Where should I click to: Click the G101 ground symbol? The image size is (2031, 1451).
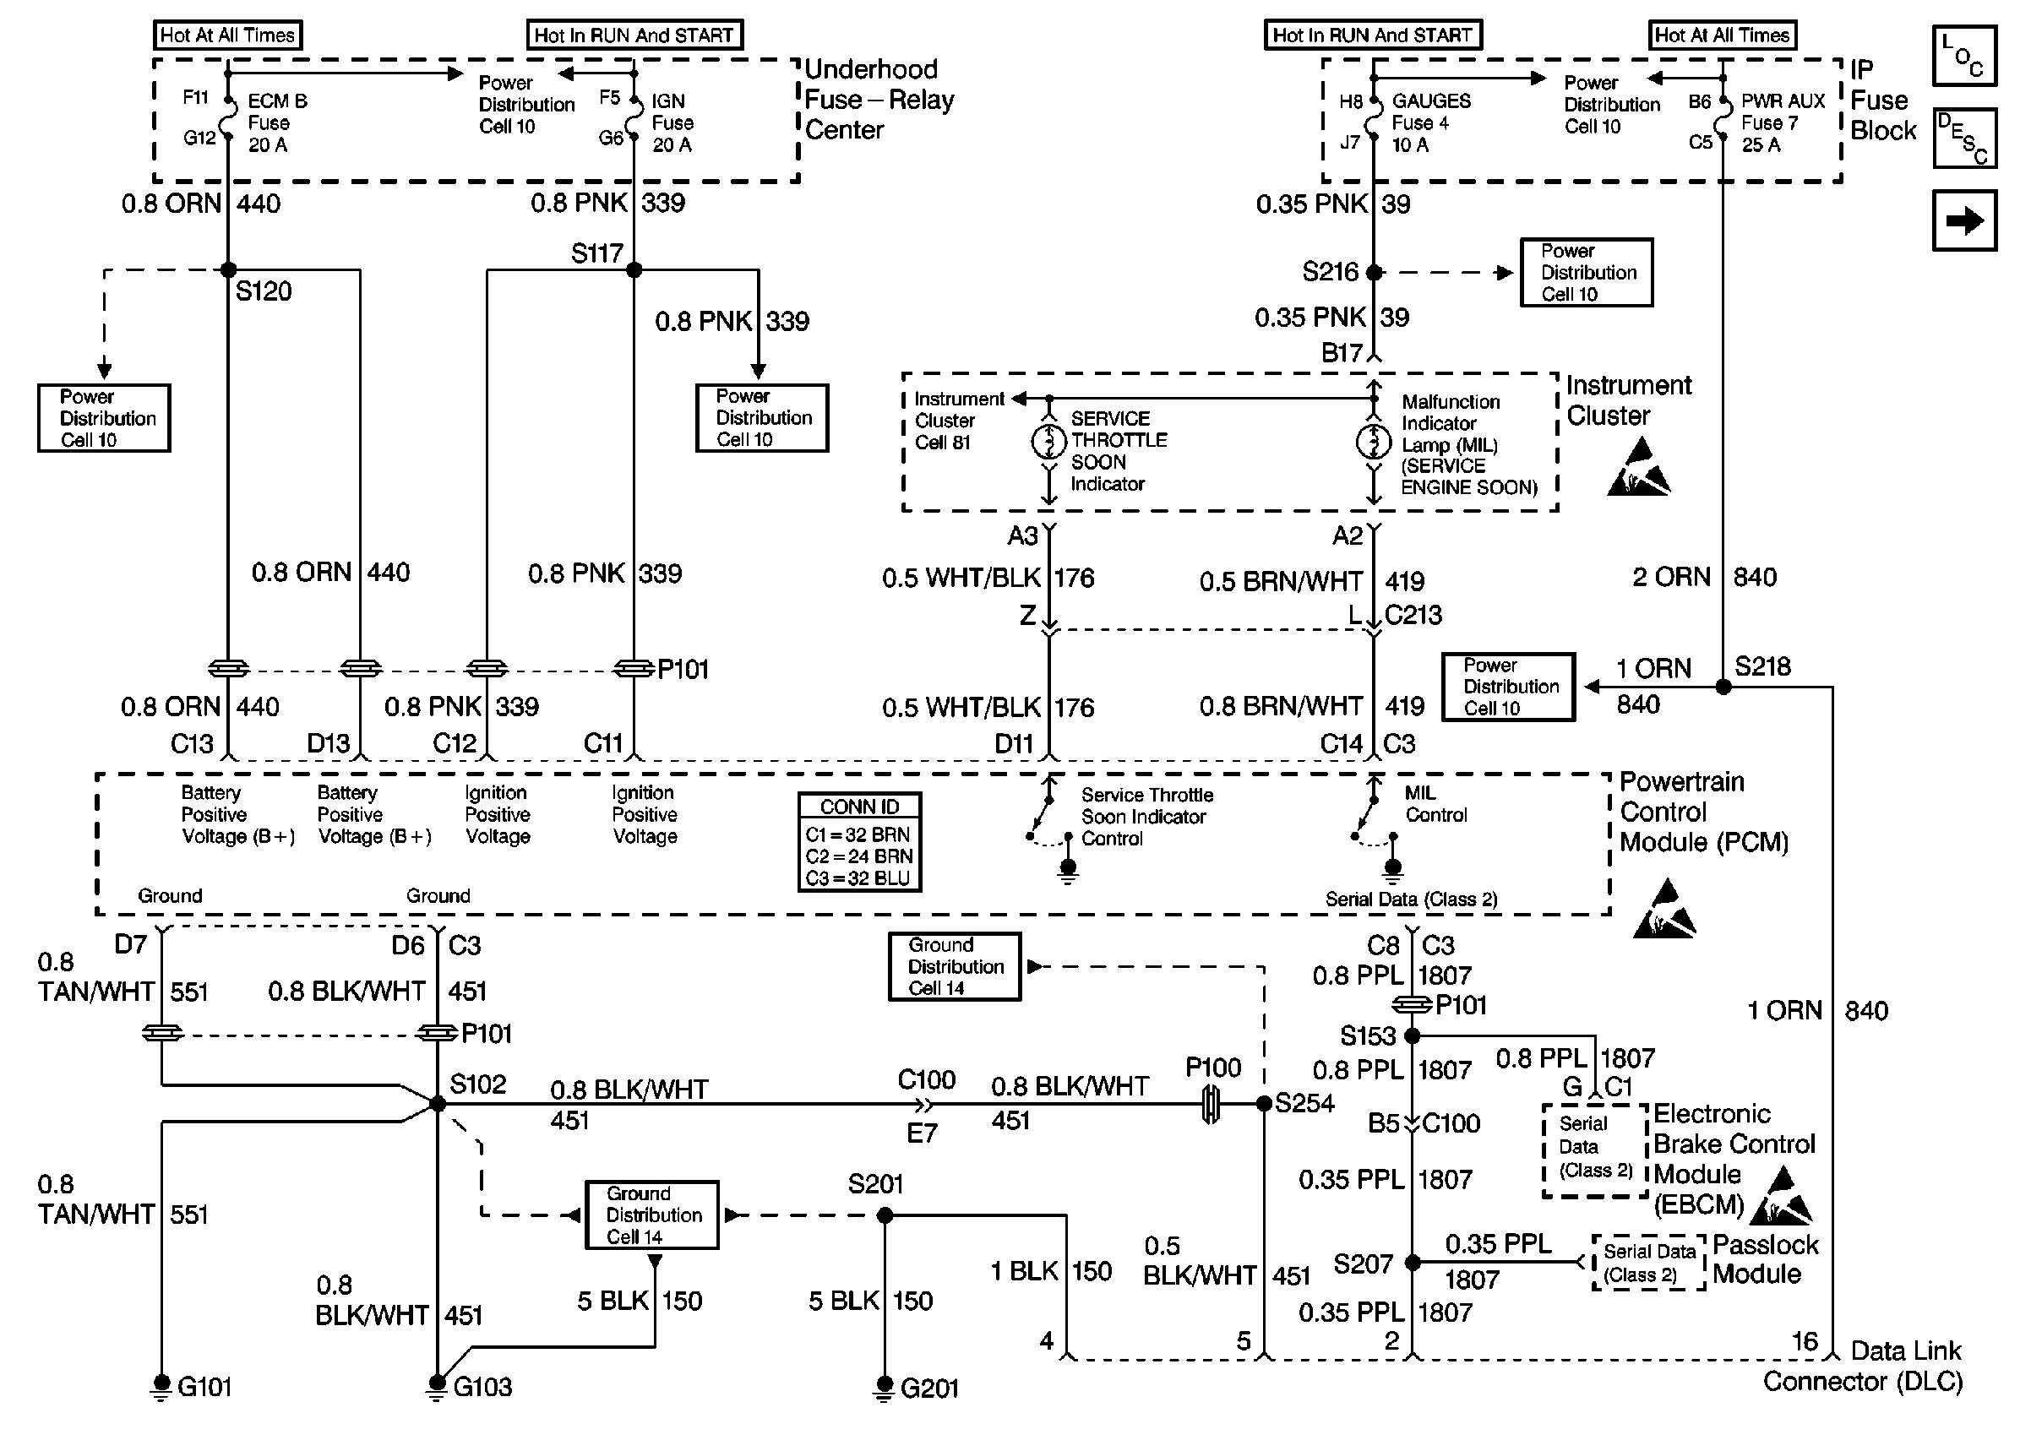click(x=161, y=1386)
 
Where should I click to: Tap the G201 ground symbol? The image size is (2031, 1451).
click(x=884, y=1386)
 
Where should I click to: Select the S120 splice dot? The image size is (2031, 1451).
click(x=228, y=269)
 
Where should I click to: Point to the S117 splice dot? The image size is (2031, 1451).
click(x=634, y=269)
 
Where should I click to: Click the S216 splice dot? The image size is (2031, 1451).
click(x=1375, y=273)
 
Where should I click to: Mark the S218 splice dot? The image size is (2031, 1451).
click(x=1723, y=687)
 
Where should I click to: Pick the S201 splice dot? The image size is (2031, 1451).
click(x=884, y=1215)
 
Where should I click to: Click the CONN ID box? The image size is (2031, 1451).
click(x=859, y=842)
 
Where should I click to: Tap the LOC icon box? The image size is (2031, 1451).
click(x=1964, y=56)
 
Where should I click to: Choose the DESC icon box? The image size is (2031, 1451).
click(x=1964, y=139)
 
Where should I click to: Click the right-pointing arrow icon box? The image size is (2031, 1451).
click(x=1964, y=220)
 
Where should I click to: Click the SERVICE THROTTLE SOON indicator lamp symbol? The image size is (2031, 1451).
click(x=1049, y=442)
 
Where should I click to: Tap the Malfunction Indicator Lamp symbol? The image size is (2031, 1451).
click(x=1375, y=442)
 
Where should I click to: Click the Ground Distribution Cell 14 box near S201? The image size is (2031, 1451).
click(x=652, y=1215)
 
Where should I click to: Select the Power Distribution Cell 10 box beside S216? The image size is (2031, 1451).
click(x=1587, y=273)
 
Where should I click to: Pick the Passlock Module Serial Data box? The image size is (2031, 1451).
click(x=1648, y=1263)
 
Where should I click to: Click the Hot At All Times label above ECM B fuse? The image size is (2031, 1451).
click(x=227, y=35)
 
